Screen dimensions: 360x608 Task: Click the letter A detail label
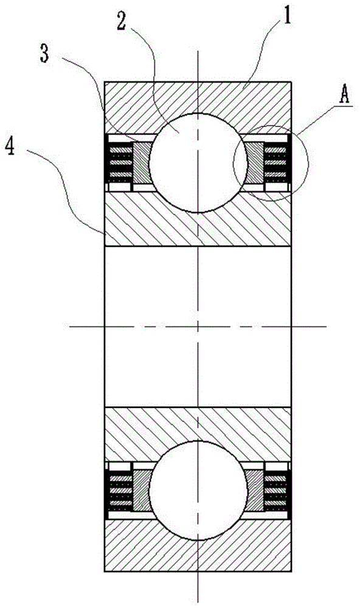tap(344, 95)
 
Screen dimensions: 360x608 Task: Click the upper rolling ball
tap(198, 163)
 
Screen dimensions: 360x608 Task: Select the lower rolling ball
tap(198, 490)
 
